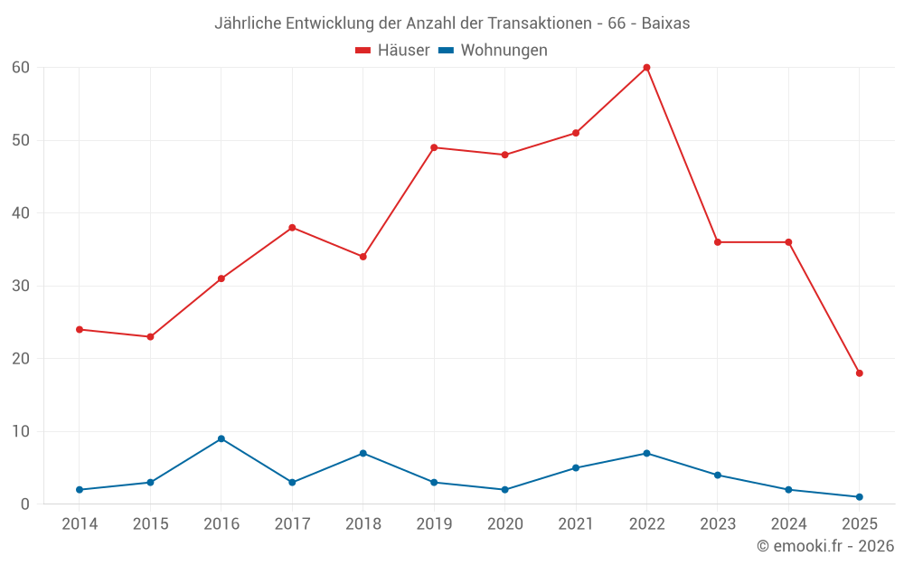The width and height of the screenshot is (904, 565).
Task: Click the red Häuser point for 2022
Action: [x=646, y=67]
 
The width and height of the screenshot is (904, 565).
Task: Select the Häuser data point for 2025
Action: [x=859, y=373]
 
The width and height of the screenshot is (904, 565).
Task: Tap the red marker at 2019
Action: [x=434, y=147]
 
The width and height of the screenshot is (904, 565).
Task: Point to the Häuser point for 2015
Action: [x=150, y=337]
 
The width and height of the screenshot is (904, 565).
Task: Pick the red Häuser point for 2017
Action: [x=292, y=228]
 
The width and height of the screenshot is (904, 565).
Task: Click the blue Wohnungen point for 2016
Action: [x=221, y=438]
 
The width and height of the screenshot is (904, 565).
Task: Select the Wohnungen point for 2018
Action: [x=363, y=453]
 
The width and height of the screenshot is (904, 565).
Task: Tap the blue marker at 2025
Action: [x=859, y=497]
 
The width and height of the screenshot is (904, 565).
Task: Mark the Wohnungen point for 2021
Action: [x=576, y=468]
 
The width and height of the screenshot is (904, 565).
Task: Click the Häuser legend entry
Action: [x=392, y=51]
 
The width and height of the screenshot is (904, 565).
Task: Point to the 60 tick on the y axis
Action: [x=21, y=68]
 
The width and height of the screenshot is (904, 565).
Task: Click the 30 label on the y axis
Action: [x=21, y=286]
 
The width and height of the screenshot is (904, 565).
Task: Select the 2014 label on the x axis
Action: [x=80, y=524]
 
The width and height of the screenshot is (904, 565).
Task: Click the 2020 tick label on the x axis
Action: [x=504, y=524]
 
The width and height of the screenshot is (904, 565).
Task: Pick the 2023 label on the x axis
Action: [x=718, y=524]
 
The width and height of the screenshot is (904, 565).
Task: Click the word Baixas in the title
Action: [x=665, y=24]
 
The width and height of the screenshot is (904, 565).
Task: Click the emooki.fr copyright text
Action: [x=825, y=546]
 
